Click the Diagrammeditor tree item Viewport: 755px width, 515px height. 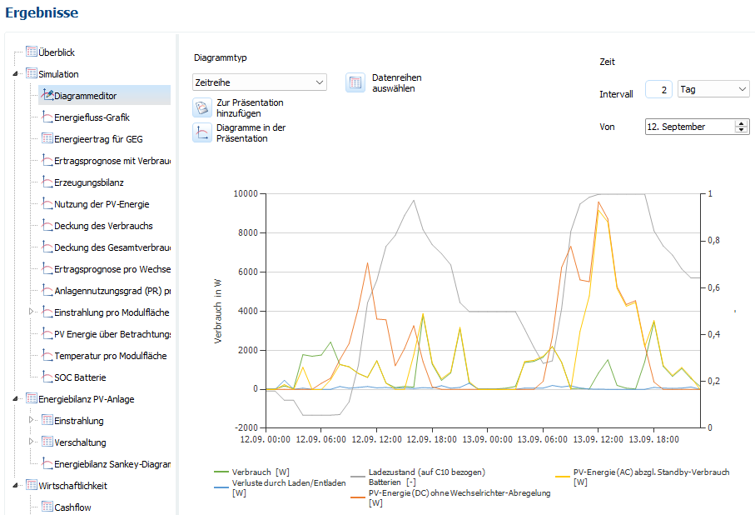[86, 96]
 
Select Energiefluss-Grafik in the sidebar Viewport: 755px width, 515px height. [92, 117]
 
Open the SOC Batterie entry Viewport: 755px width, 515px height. [80, 377]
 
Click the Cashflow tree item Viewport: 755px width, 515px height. [72, 507]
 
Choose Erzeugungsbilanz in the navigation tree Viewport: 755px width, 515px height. [89, 182]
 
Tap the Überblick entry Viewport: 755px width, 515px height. [57, 52]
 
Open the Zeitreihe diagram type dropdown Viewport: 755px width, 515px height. [259, 82]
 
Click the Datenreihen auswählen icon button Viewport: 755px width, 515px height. [355, 82]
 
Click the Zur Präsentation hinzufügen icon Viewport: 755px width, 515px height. [202, 107]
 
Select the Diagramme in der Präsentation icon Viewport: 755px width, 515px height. [202, 133]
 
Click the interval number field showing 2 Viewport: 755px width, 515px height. [658, 89]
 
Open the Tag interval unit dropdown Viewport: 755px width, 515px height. [713, 89]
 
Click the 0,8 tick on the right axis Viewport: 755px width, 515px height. [712, 241]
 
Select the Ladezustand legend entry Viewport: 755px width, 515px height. [425, 472]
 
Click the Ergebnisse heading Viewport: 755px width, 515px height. [42, 12]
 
